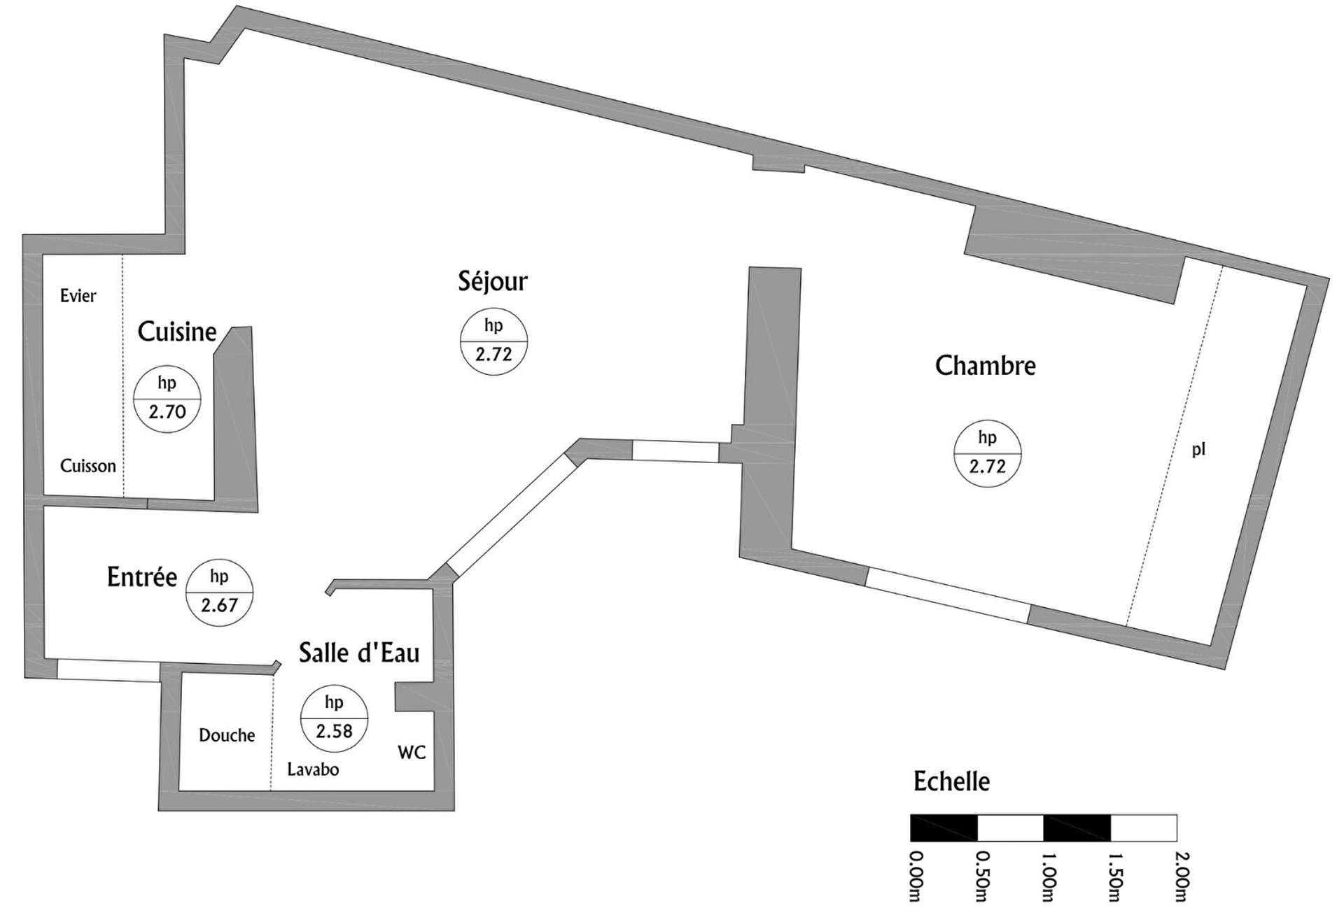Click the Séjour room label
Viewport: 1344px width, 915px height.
493,281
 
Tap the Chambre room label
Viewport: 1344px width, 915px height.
986,366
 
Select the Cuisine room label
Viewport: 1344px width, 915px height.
177,332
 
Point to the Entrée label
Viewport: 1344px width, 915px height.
142,577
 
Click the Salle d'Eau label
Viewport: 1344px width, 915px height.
359,653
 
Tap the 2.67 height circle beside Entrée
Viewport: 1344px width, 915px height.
219,593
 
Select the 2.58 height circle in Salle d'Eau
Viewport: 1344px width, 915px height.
334,718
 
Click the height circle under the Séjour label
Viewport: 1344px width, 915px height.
493,342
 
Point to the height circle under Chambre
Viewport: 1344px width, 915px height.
988,454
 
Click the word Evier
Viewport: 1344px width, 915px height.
78,296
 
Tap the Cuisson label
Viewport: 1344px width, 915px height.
88,466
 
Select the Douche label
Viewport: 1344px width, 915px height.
227,735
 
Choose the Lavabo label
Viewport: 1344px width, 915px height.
313,769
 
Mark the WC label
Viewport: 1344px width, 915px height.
412,753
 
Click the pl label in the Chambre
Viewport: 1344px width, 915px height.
1199,450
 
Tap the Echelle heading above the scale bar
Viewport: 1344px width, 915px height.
952,781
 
